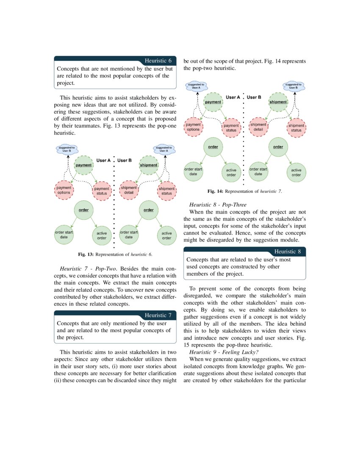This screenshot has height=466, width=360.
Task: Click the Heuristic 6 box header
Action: click(158, 61)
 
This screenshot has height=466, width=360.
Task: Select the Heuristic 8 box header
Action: click(288, 252)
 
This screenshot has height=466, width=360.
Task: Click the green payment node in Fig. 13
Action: click(83, 165)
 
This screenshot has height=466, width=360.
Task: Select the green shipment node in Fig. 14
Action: click(278, 102)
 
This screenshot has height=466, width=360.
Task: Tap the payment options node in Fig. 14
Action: click(193, 127)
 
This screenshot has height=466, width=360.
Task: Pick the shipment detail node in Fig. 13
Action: click(129, 190)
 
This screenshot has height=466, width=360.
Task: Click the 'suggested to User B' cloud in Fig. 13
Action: click(66, 149)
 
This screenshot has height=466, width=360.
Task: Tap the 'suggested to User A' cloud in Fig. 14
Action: click(196, 86)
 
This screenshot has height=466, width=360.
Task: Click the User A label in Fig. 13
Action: click(103, 161)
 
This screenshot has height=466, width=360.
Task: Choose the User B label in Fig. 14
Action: click(254, 97)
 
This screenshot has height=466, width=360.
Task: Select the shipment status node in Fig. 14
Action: click(296, 128)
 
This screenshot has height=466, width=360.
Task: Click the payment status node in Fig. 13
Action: click(102, 191)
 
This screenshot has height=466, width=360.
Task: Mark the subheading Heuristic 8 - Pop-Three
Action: click(217, 205)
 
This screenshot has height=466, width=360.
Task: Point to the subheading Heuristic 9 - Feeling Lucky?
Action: click(223, 352)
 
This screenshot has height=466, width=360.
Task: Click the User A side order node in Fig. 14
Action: click(213, 147)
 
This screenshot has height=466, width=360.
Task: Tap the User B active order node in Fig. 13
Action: click(166, 236)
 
